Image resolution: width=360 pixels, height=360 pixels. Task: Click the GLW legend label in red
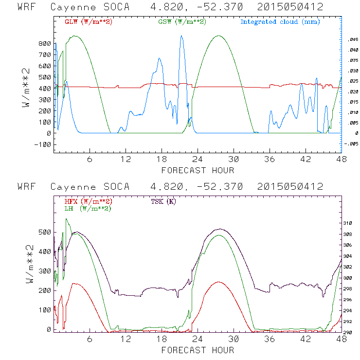click(84, 22)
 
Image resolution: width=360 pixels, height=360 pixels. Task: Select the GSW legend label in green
click(178, 22)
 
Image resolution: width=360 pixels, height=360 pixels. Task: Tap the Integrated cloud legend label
click(280, 22)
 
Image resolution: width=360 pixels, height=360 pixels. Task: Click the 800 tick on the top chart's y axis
click(44, 43)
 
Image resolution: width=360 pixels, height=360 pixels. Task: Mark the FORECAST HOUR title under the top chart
click(198, 170)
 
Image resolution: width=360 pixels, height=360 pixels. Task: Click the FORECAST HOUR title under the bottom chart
click(198, 350)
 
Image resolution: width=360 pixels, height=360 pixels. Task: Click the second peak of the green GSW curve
click(218, 36)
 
